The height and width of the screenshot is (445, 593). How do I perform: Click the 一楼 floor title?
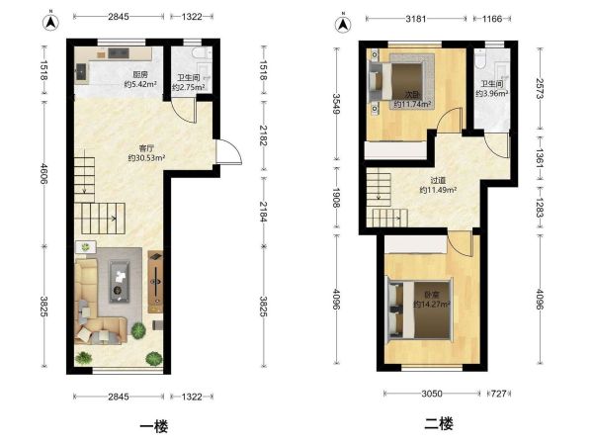click(x=154, y=426)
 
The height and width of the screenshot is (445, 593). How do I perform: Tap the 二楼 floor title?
click(x=439, y=424)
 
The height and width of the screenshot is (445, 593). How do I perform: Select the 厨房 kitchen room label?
click(x=140, y=75)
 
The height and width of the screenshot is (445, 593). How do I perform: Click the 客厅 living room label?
click(x=146, y=148)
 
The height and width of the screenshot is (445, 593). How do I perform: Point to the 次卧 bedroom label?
click(x=412, y=94)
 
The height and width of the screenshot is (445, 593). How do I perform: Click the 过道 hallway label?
click(x=438, y=181)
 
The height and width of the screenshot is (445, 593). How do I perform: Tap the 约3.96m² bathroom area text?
click(x=491, y=93)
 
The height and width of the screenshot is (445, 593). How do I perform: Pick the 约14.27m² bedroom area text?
click(x=432, y=304)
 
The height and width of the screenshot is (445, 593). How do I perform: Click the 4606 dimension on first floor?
click(x=43, y=174)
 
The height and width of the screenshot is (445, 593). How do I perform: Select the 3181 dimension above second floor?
click(x=416, y=19)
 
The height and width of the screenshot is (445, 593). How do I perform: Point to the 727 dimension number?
click(x=499, y=394)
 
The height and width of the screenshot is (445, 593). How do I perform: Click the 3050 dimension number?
click(x=432, y=394)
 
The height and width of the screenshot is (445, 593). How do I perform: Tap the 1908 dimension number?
click(x=336, y=198)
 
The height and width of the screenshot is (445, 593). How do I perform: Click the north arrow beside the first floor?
click(x=50, y=23)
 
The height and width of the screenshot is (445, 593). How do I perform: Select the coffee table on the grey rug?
click(x=120, y=282)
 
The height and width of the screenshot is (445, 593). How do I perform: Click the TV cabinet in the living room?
click(x=155, y=282)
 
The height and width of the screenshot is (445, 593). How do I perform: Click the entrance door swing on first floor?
click(x=229, y=151)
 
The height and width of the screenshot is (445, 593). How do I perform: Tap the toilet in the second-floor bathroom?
click(x=480, y=59)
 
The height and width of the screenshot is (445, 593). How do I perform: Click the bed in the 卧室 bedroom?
click(x=419, y=310)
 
